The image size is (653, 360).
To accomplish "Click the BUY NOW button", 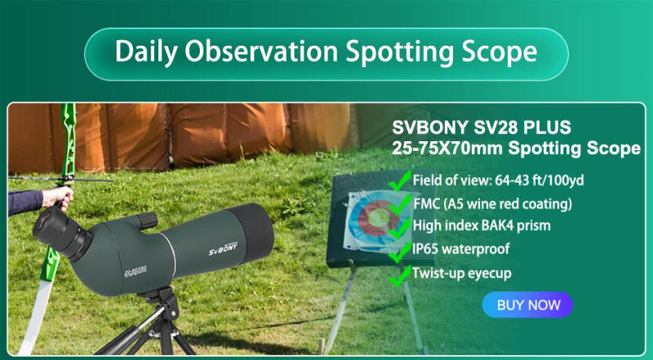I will point(528,304).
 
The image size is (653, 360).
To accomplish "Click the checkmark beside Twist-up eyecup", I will point(399,275).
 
